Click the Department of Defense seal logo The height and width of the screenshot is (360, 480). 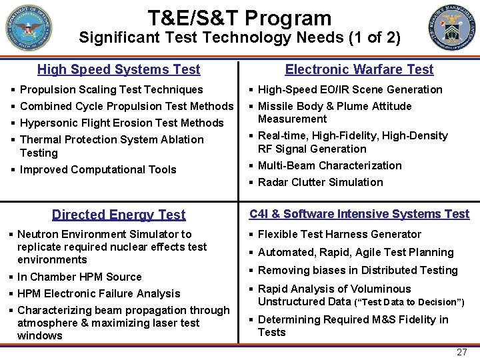[28, 28]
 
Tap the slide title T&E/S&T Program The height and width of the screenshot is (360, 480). [239, 18]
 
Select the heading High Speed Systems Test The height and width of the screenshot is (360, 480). [119, 69]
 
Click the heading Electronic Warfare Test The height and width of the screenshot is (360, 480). [359, 69]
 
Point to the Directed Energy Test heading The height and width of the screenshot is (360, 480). [119, 215]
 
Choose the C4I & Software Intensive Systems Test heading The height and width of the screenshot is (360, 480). [359, 214]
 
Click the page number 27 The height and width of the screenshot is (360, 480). [461, 352]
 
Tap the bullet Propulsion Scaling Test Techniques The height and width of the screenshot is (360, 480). [111, 89]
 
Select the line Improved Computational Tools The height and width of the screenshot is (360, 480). [98, 169]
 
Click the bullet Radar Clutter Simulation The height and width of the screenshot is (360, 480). [320, 182]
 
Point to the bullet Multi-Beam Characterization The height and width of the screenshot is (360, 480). [329, 165]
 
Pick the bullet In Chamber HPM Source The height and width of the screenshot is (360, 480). [79, 277]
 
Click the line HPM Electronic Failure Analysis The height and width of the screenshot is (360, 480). [99, 293]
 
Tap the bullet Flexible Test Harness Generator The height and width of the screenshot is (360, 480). [339, 234]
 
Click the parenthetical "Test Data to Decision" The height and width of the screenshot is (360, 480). [411, 303]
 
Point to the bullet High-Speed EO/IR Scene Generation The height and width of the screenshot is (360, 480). [350, 89]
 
